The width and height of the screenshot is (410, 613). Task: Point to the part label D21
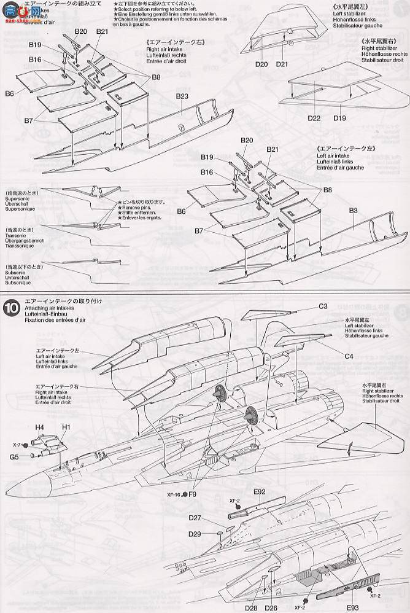point(282,63)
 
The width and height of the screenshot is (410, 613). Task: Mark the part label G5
point(31,456)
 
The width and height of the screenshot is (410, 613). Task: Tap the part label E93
point(336,603)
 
